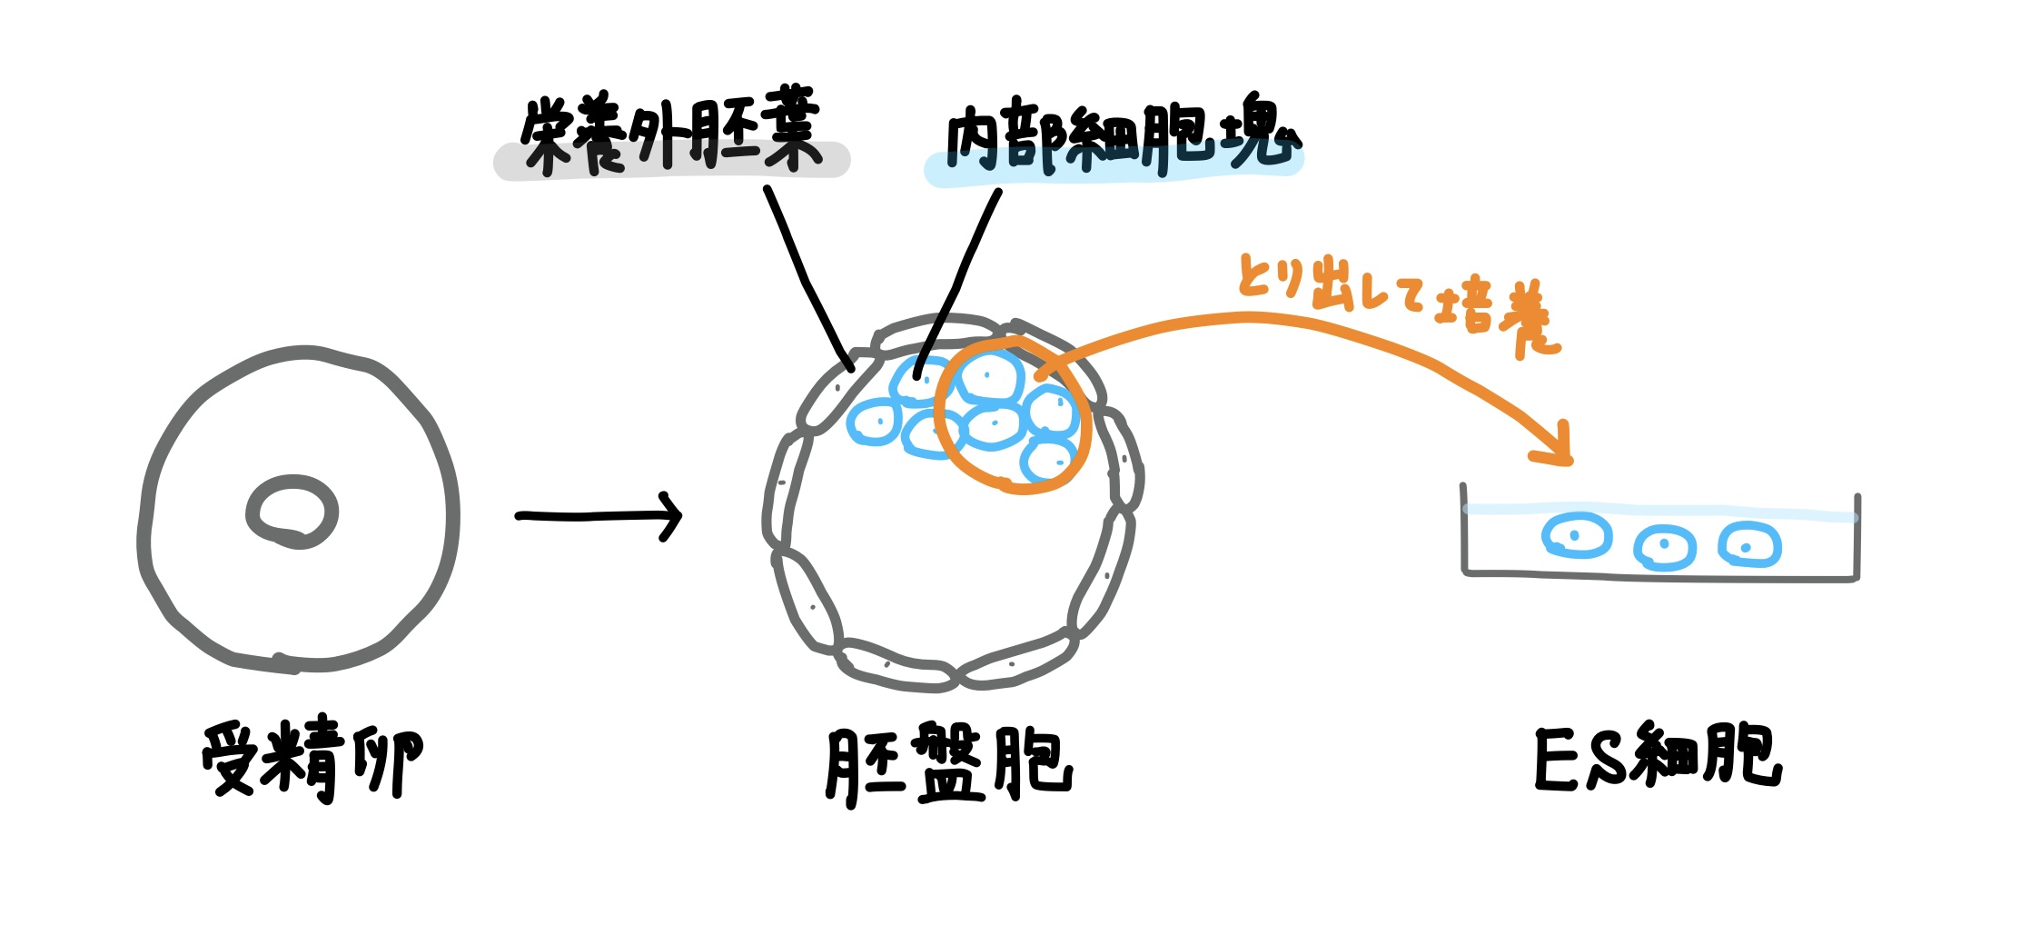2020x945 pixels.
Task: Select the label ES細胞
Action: [x=1658, y=756]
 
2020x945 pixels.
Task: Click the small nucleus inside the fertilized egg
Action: [x=292, y=512]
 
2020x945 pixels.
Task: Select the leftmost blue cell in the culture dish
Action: [x=1577, y=536]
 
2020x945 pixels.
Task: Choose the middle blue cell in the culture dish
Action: [x=1665, y=547]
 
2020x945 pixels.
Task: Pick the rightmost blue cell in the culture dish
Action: [x=1749, y=545]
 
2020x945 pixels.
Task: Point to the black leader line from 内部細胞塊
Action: [x=958, y=282]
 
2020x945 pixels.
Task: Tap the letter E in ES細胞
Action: [x=1556, y=759]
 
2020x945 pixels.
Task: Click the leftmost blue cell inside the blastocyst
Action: [x=874, y=423]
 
